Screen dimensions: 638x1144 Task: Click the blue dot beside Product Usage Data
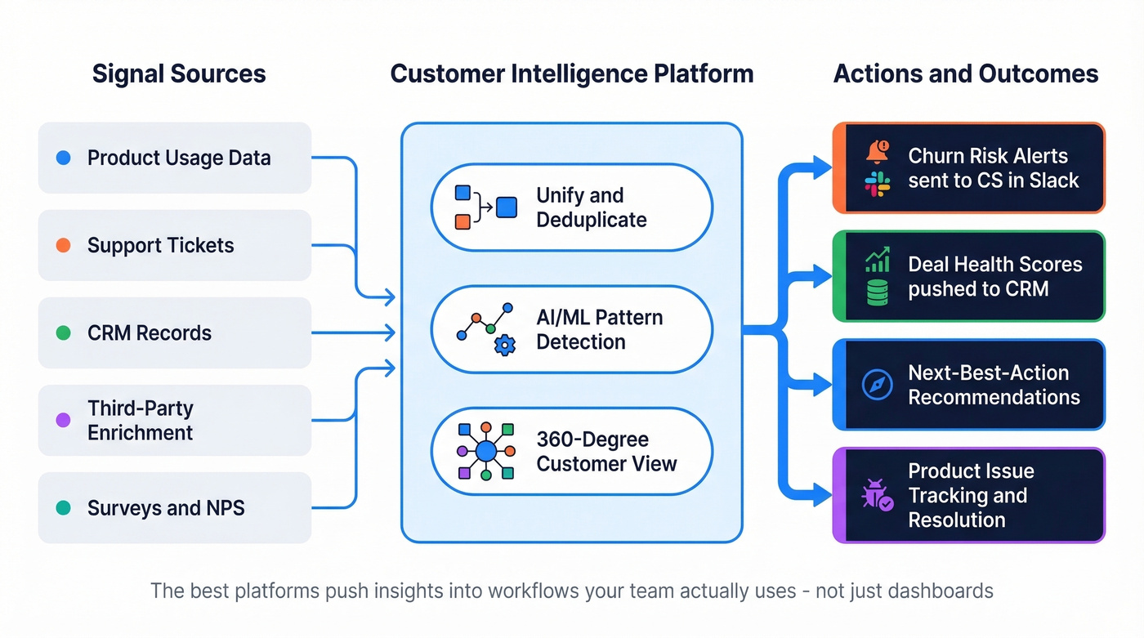tap(64, 158)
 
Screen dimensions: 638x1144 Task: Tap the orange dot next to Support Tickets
tap(64, 245)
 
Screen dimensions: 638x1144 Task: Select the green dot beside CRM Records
tap(64, 332)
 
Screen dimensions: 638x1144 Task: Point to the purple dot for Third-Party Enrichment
tap(64, 420)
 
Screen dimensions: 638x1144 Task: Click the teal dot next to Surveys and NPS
tap(64, 507)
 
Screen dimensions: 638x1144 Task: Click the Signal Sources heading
tap(179, 74)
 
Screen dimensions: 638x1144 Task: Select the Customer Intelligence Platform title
tap(571, 74)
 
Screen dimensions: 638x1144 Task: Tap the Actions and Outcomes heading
tap(965, 74)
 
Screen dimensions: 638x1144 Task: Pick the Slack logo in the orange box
tap(878, 183)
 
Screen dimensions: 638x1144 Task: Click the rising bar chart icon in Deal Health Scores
tap(878, 261)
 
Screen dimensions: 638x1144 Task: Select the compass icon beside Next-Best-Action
tap(878, 385)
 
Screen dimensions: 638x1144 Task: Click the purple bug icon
tap(874, 496)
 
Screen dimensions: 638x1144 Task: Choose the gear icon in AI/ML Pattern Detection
tap(505, 346)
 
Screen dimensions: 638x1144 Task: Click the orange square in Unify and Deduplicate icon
tap(463, 221)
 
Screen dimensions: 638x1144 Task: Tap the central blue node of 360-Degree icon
tap(486, 451)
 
